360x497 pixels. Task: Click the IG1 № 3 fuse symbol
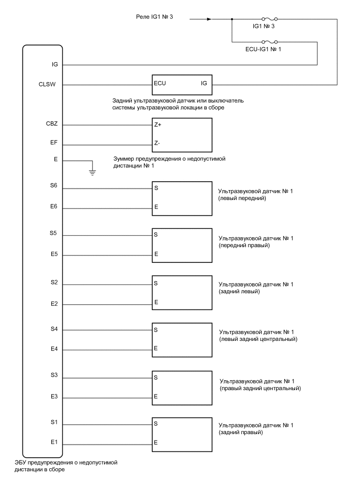269,20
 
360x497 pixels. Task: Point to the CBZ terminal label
52,125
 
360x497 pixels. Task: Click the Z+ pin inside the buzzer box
157,126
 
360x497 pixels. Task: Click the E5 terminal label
53,255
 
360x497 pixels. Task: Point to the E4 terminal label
53,349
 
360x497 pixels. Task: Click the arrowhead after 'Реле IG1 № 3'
209,20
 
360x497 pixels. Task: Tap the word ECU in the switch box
160,84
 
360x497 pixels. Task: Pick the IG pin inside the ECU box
204,84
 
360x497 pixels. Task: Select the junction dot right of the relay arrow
231,20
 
